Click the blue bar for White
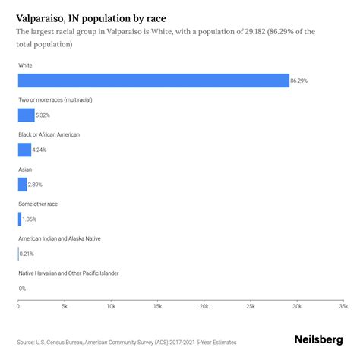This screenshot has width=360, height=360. click(153, 81)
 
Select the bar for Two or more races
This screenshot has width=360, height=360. click(26, 115)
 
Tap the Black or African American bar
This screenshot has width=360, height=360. click(24, 150)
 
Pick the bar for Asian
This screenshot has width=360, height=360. click(22, 185)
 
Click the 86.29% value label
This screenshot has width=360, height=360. click(301, 81)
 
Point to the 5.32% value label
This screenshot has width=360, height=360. click(44, 115)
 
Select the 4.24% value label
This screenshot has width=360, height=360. click(40, 150)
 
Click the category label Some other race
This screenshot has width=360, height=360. click(38, 204)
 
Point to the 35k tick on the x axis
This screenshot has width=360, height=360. click(343, 306)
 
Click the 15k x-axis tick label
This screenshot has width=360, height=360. click(157, 306)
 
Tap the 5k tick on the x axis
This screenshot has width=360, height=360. click(65, 306)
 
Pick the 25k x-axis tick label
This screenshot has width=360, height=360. click(251, 306)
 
